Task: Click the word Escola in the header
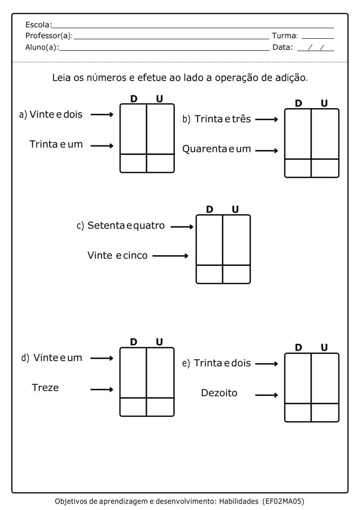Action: point(37,24)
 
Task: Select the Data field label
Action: point(282,48)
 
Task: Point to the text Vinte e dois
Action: point(56,115)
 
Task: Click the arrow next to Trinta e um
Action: point(102,146)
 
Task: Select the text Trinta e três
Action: point(223,119)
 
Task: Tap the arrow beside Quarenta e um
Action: point(266,150)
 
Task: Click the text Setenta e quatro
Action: point(126,226)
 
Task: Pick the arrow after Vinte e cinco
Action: point(170,256)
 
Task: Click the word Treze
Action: point(45,387)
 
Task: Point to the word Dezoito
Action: point(219,393)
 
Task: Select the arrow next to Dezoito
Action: point(266,395)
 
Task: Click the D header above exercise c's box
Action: point(210,210)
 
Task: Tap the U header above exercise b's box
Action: point(324,104)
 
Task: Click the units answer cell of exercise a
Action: point(160,163)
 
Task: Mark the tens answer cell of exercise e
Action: point(298,412)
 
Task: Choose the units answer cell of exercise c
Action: point(236,274)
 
